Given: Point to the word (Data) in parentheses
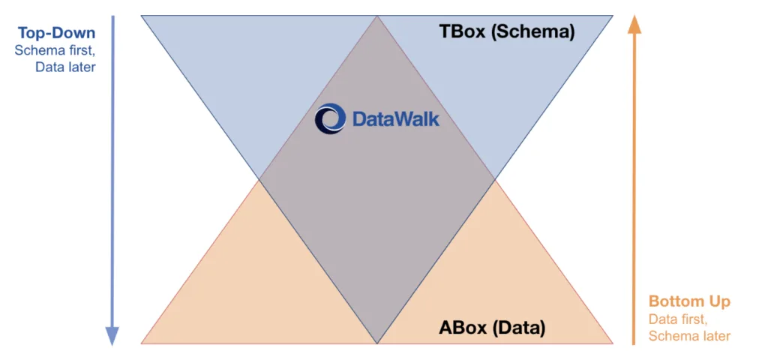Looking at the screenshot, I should (520, 328).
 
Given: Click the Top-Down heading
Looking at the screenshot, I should (58, 34).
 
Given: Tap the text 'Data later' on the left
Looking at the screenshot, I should (65, 67).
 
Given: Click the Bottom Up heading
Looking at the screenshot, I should (689, 302).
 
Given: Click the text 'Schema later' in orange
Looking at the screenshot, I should (689, 336).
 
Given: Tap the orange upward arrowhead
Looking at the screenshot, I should (634, 24).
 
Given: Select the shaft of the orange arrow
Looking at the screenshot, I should (634, 187).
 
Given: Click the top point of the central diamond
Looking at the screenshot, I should (376, 17).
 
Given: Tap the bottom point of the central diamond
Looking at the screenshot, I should (376, 342).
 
